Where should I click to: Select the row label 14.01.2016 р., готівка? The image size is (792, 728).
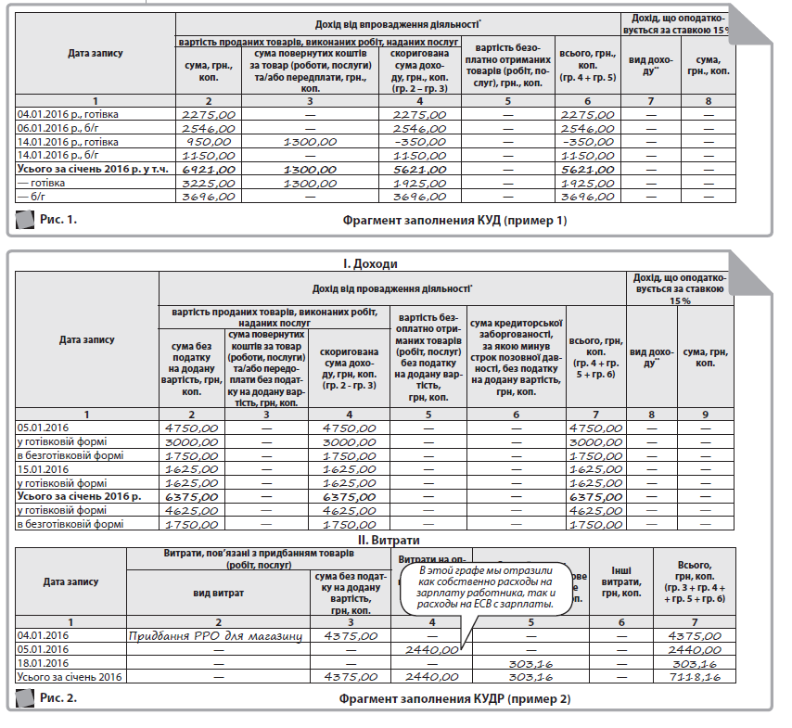click(x=69, y=142)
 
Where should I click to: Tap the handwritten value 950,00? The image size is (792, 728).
click(x=210, y=142)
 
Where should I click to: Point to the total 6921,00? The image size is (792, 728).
click(x=210, y=170)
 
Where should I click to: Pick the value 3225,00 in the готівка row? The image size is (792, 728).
click(x=210, y=184)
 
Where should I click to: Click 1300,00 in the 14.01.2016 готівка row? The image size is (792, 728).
click(x=311, y=142)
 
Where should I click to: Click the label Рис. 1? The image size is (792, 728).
click(x=58, y=220)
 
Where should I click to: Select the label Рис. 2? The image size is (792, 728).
click(x=58, y=697)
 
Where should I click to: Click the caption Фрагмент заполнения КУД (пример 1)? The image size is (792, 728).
click(x=453, y=221)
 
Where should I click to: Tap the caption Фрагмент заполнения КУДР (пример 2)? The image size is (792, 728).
click(x=454, y=698)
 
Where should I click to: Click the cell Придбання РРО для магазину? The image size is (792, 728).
click(x=218, y=635)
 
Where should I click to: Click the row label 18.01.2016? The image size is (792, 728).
click(x=44, y=664)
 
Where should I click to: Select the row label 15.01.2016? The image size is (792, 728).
click(x=44, y=469)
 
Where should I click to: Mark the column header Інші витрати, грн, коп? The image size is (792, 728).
click(x=620, y=581)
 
